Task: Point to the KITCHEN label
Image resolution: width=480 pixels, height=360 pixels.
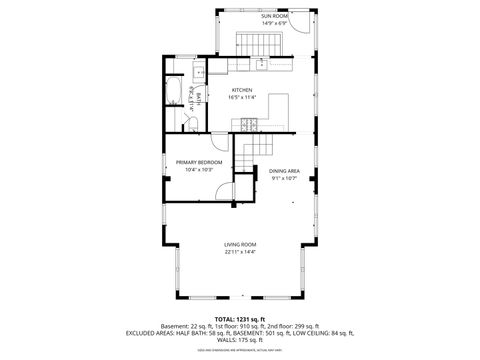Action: (242, 90)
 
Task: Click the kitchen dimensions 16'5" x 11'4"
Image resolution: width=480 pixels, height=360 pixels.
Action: (242, 97)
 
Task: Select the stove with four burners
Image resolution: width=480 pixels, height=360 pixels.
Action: (247, 123)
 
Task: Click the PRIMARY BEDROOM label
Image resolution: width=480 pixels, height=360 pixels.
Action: (199, 162)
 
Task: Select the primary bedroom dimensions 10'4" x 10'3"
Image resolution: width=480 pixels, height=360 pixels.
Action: (199, 169)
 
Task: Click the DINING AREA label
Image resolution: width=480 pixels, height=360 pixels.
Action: (284, 171)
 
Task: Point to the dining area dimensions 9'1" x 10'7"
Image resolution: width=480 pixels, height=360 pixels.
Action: (284, 178)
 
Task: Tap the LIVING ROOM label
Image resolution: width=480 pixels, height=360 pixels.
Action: (240, 245)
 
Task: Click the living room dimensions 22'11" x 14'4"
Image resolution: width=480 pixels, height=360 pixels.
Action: (240, 252)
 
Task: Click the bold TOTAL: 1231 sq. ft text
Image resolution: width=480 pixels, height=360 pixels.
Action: (240, 318)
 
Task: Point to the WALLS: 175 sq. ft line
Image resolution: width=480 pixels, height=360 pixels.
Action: (240, 342)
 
